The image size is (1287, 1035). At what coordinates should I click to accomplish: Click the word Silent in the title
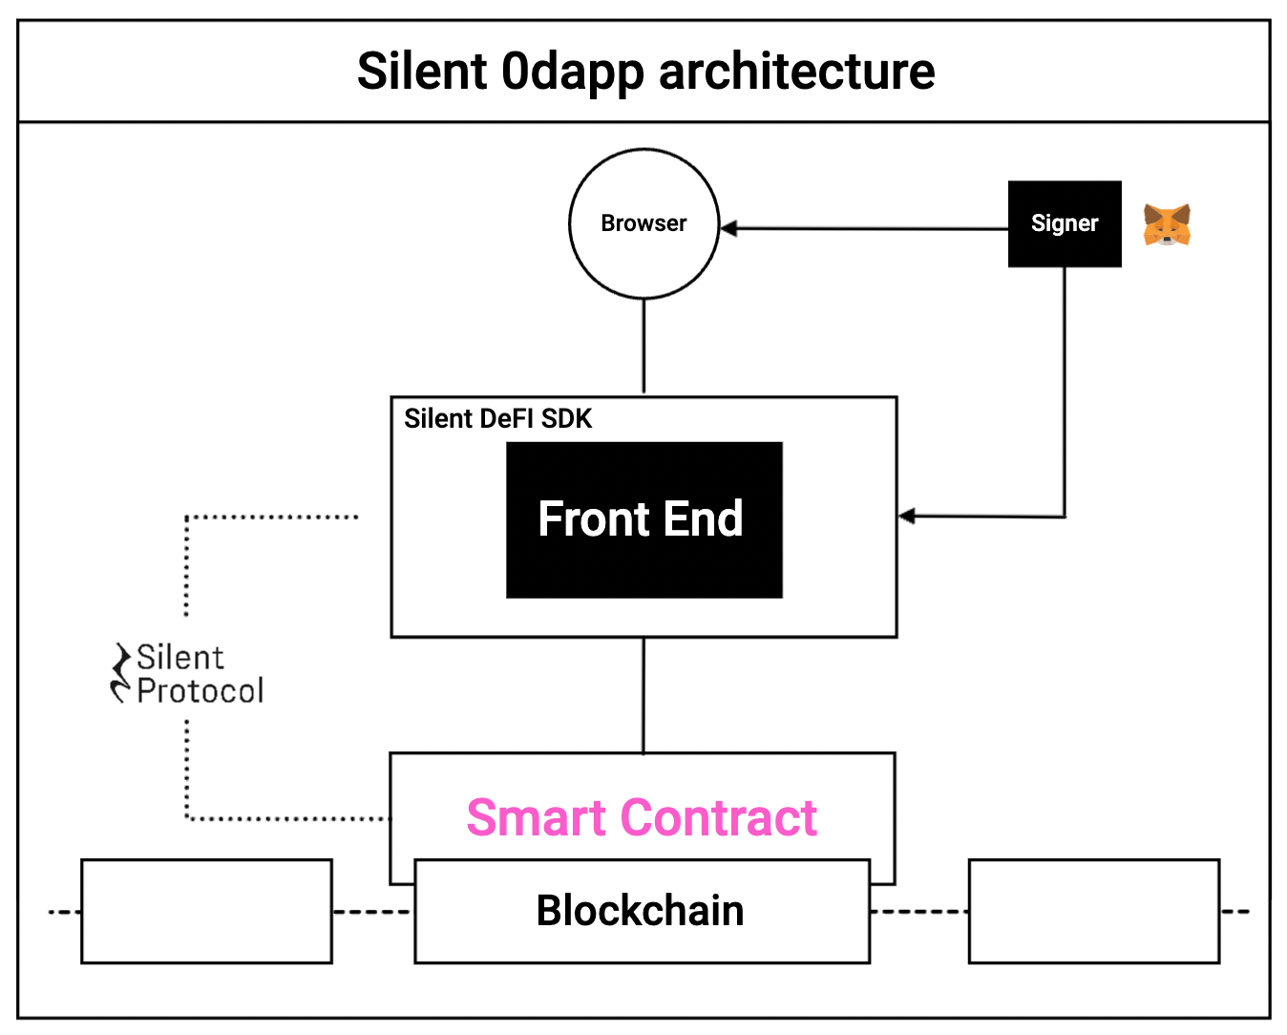click(422, 72)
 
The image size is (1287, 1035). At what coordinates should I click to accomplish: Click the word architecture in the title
click(796, 72)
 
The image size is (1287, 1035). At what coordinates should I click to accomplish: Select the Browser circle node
click(643, 223)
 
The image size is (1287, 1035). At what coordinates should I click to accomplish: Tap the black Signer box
click(1065, 223)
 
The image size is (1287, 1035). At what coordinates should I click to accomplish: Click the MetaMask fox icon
click(1167, 225)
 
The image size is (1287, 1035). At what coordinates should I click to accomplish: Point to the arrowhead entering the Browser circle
click(729, 228)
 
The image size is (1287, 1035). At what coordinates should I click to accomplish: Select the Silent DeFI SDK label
click(497, 419)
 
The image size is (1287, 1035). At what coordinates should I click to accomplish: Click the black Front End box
click(643, 520)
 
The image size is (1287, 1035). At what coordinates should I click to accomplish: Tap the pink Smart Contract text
click(642, 818)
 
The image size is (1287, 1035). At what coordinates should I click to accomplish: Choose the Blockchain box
click(642, 911)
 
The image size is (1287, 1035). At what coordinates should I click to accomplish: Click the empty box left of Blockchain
click(206, 911)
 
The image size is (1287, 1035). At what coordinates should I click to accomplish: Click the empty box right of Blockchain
click(1094, 911)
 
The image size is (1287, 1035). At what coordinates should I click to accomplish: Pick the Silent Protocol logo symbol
click(121, 673)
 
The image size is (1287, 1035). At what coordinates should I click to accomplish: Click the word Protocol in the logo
click(200, 691)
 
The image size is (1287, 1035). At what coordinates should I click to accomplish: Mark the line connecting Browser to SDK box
click(643, 346)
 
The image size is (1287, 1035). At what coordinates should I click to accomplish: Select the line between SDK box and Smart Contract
click(643, 694)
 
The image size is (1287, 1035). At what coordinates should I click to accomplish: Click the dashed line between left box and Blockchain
click(372, 912)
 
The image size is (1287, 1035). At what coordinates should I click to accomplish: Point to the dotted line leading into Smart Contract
click(286, 818)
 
